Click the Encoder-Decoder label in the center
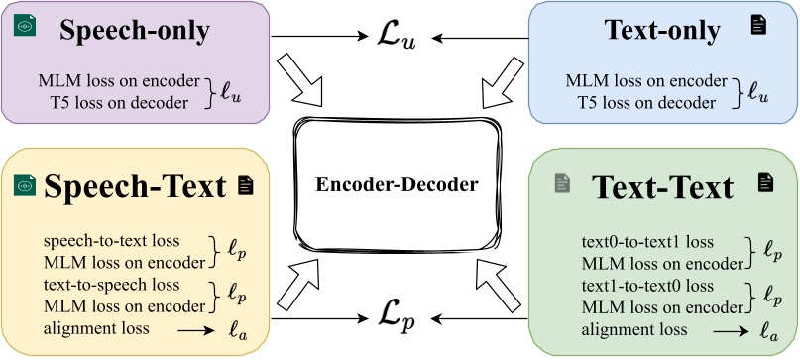[399, 184]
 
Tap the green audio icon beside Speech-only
[24, 27]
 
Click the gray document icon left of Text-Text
[562, 182]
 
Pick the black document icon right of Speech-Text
[244, 183]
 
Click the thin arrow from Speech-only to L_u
[316, 39]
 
